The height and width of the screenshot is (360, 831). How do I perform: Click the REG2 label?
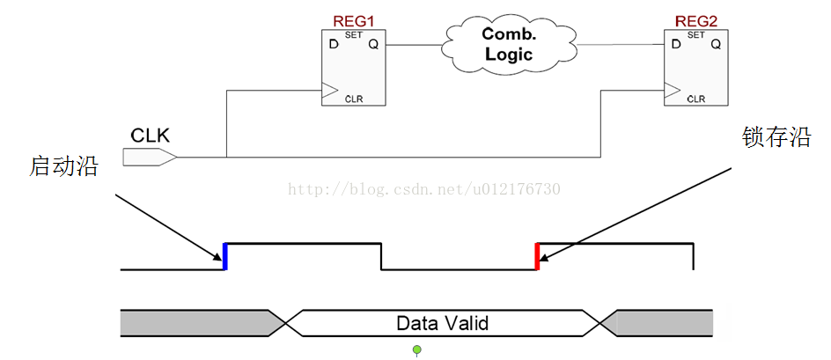click(x=695, y=19)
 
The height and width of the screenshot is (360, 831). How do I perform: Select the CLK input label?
click(x=151, y=136)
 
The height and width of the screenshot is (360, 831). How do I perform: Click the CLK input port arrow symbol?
click(x=150, y=158)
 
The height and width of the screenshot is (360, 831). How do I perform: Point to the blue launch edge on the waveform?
click(x=225, y=256)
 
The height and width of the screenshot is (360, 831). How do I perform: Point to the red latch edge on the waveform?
click(x=537, y=256)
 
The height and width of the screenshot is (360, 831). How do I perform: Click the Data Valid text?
click(x=442, y=323)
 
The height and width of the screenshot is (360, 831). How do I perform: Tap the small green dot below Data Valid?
click(x=417, y=350)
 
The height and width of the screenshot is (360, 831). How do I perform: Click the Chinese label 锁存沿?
click(x=776, y=137)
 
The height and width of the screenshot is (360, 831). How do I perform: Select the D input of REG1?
click(x=334, y=44)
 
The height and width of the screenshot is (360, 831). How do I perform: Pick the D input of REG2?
click(x=675, y=44)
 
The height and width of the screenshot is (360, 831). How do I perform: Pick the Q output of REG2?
click(x=716, y=44)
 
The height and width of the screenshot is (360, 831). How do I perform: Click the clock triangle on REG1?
click(x=329, y=89)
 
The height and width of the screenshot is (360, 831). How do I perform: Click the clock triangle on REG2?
click(x=671, y=89)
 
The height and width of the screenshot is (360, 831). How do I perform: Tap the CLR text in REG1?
click(x=354, y=99)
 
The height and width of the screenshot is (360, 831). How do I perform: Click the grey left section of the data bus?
click(x=194, y=323)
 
